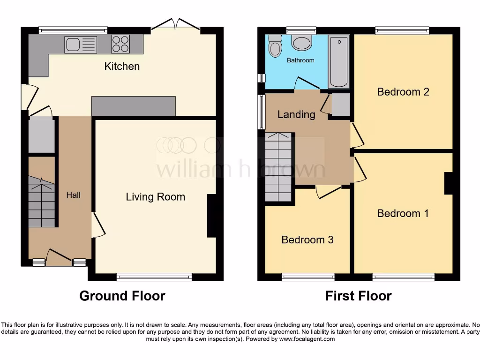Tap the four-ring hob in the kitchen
[x=120, y=44]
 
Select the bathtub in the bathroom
[x=338, y=61]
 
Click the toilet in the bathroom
[x=274, y=46]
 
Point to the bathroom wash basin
[x=301, y=43]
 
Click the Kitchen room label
[x=122, y=66]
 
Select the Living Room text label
[x=155, y=197]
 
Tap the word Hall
[x=73, y=195]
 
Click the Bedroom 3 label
[x=307, y=240]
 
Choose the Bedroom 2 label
[x=403, y=91]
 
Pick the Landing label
[x=296, y=114]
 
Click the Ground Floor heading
[x=122, y=296]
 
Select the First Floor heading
[x=359, y=296]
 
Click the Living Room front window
[x=154, y=277]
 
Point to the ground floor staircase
[x=42, y=202]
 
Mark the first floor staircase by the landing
[x=278, y=167]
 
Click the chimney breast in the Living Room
[x=212, y=215]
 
